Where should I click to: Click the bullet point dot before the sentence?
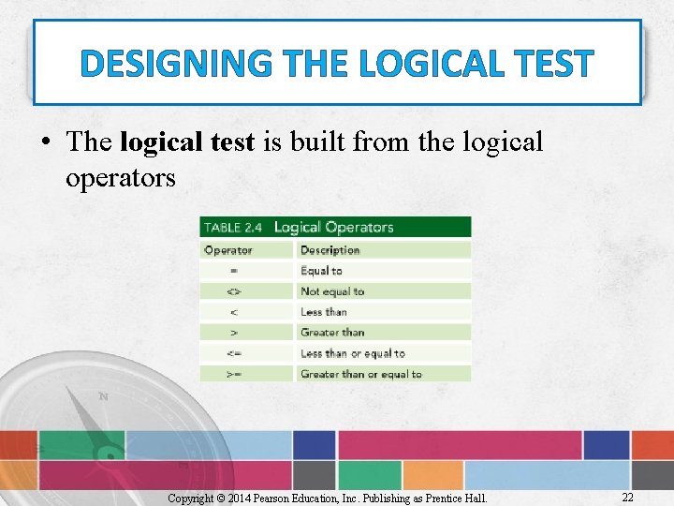[x=46, y=143]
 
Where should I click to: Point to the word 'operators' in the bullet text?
[x=120, y=177]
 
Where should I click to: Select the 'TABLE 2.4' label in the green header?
[x=234, y=228]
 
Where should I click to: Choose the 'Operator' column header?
[x=228, y=250]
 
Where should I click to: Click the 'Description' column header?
[x=330, y=250]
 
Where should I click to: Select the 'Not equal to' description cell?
[x=332, y=291]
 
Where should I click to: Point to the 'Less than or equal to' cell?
[x=352, y=353]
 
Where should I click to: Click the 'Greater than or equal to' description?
[x=360, y=374]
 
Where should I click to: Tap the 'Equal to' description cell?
[x=321, y=271]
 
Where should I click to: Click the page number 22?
[x=627, y=496]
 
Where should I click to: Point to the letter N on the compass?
[x=103, y=396]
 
